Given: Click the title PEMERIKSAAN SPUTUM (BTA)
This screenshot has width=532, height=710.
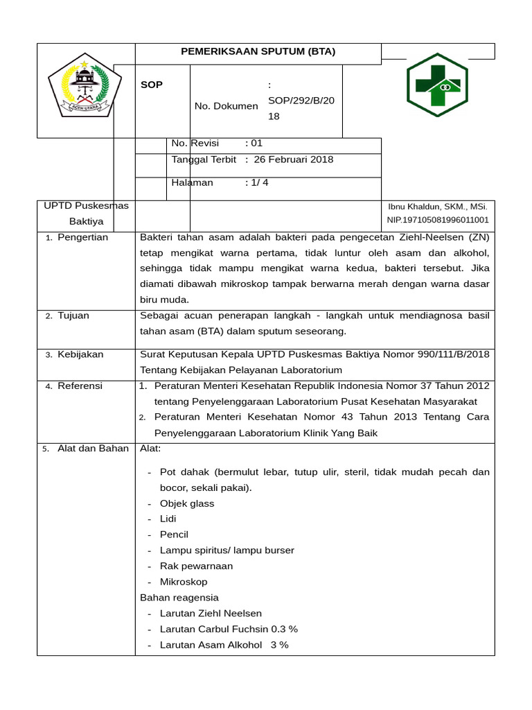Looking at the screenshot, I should point(258,51).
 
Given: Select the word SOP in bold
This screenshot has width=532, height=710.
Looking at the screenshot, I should point(152,85).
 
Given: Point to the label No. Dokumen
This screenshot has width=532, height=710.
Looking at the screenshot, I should point(227,106).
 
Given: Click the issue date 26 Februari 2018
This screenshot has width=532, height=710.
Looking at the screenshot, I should point(294,159).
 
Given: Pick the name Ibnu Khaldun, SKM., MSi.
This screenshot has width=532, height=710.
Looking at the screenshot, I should point(437,207).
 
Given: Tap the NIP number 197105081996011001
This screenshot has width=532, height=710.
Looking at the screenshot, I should point(437,220).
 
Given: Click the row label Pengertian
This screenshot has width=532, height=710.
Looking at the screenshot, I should point(82,237).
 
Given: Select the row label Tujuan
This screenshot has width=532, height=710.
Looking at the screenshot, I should point(73,315).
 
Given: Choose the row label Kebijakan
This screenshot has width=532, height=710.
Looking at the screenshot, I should point(80,354).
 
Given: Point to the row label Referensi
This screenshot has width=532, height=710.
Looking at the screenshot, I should point(80,386).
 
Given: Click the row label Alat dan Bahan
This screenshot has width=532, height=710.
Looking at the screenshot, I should point(93,448).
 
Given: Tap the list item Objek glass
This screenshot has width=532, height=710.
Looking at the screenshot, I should point(187,503).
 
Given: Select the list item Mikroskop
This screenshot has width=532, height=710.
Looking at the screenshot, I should point(184,582).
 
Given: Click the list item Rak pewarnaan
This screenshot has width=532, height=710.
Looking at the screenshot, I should point(196,566).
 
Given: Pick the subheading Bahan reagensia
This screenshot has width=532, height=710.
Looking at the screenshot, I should point(179,597).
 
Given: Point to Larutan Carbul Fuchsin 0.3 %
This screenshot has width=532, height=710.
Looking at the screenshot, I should point(229,629).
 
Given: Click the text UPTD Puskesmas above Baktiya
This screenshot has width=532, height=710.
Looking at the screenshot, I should point(86,206).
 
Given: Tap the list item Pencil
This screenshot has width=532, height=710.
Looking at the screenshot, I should point(174,535).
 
